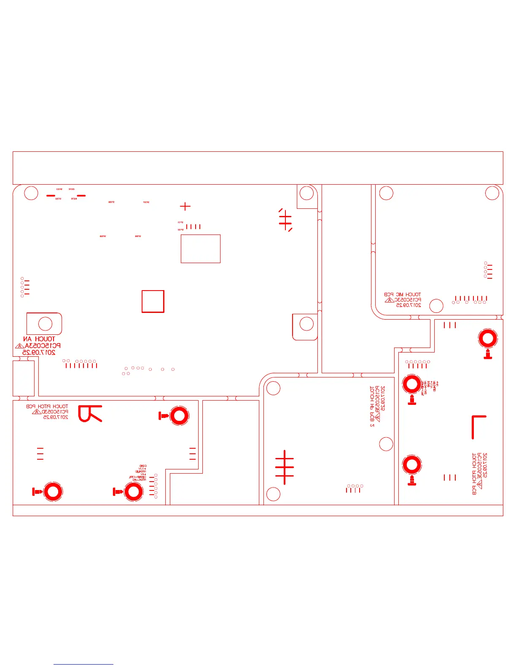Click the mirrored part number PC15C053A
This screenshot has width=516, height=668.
coord(43,346)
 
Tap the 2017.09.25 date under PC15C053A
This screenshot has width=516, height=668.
coord(39,353)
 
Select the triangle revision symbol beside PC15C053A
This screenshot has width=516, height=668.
coord(19,346)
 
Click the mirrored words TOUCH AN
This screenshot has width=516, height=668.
coord(39,339)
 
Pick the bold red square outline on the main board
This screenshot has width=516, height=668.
coord(153,302)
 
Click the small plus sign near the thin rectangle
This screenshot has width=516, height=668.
coord(185,206)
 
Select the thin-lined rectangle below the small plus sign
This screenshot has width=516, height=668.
coord(201,249)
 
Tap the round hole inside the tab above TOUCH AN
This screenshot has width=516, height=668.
coord(45,324)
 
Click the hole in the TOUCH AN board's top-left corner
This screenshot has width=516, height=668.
coord(31,193)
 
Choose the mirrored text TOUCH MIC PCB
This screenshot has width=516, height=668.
coord(402,294)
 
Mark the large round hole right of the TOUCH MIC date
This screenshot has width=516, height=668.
coord(436,306)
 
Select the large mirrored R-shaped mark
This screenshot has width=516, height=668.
coord(90,414)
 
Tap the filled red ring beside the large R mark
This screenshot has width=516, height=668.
coord(179,416)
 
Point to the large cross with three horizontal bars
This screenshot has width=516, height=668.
coord(285,467)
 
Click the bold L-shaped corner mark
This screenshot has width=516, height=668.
coord(478,427)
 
